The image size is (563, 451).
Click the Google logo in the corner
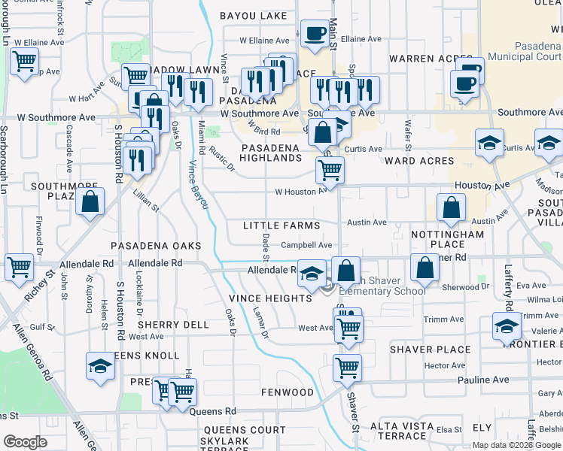(x=25, y=442)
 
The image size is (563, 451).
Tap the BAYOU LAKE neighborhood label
(x=253, y=16)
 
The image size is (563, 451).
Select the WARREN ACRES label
(x=421, y=59)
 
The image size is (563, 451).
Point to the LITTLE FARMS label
(x=281, y=225)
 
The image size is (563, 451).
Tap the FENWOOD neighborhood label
(x=287, y=392)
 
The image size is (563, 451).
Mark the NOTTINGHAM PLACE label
(x=448, y=240)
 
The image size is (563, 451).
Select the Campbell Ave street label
(x=306, y=245)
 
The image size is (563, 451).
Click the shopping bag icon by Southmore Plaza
(x=90, y=201)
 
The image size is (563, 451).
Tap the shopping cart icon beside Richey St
(x=19, y=266)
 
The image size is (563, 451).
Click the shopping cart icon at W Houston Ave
(x=330, y=171)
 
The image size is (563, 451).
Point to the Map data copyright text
(x=516, y=445)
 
